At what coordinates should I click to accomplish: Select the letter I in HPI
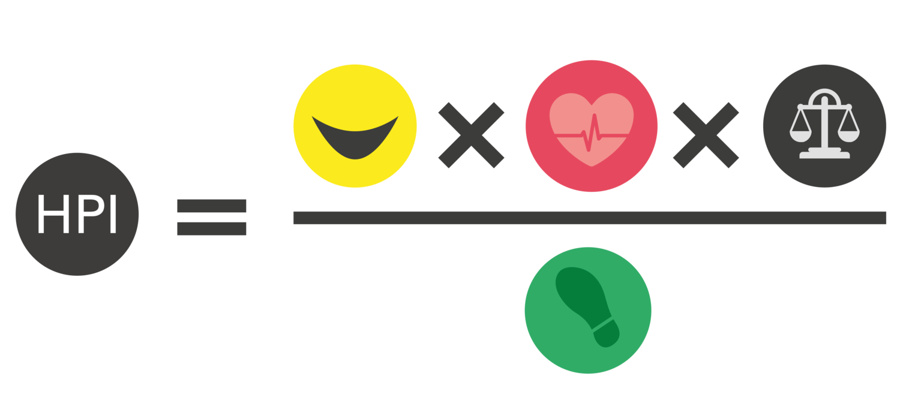113,215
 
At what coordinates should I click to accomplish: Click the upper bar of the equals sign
211,206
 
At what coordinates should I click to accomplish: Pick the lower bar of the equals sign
211,228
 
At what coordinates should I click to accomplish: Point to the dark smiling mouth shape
355,141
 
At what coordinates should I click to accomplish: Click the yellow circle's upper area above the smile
355,90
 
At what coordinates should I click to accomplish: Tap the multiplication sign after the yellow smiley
471,135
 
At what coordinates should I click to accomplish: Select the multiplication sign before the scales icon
706,135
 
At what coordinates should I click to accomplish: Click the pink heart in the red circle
570,120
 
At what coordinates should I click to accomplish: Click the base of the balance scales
825,154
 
